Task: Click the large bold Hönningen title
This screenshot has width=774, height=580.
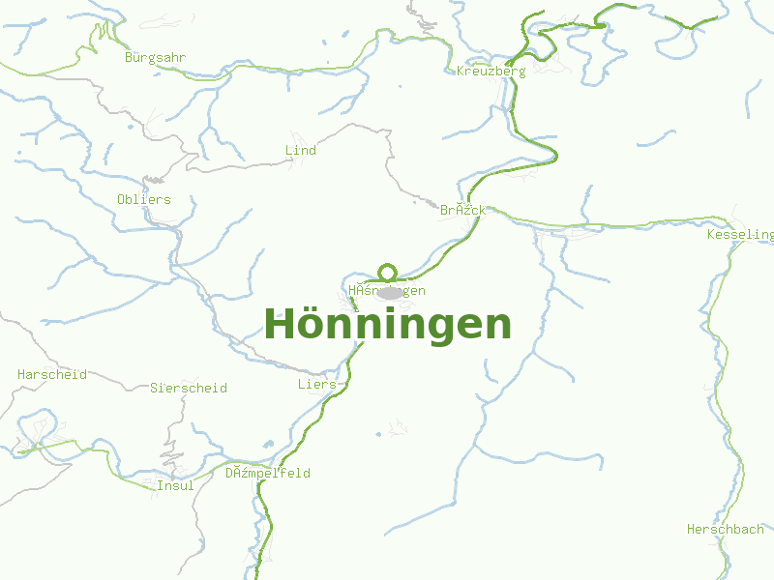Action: [x=387, y=325]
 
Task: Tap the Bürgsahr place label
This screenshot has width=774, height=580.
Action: [x=155, y=58]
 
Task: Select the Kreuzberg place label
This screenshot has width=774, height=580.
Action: [x=491, y=72]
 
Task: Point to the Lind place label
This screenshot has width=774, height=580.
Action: [x=301, y=151]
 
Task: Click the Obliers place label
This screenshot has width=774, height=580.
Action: [x=143, y=200]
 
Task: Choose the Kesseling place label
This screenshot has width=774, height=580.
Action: [x=740, y=235]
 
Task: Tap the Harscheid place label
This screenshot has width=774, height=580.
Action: [x=52, y=374]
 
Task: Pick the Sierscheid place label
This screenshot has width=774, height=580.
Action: [x=189, y=389]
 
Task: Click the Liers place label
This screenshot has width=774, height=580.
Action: [x=316, y=385]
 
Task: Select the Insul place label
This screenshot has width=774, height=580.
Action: [x=175, y=486]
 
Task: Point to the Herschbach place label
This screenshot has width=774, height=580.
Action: [x=725, y=530]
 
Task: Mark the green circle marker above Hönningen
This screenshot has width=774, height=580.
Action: [x=388, y=273]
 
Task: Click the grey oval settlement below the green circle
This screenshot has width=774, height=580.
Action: [x=389, y=293]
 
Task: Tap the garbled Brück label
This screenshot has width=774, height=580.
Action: [x=462, y=210]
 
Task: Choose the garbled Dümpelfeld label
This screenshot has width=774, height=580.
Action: [x=268, y=474]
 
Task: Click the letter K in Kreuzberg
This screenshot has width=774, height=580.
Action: [x=461, y=72]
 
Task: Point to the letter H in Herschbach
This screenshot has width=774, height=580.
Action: [x=691, y=530]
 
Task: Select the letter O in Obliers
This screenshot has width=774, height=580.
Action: [x=121, y=200]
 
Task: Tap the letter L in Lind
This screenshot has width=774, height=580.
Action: [x=288, y=151]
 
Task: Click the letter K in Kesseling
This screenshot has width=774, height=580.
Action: [x=711, y=235]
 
